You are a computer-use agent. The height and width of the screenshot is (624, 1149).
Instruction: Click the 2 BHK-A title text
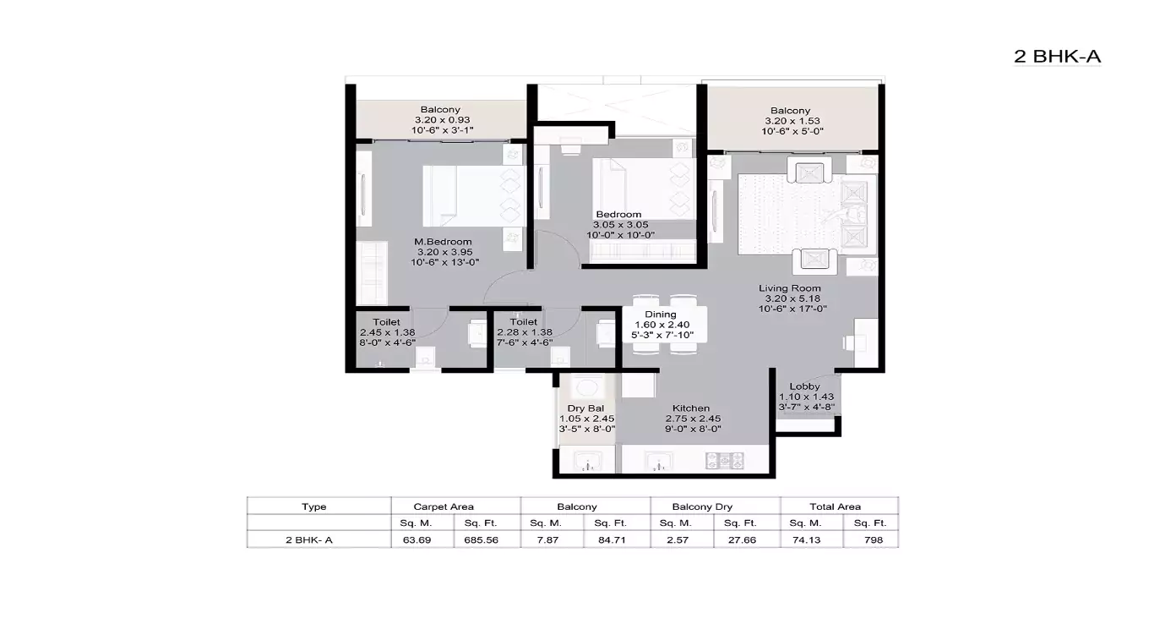pyautogui.click(x=1057, y=57)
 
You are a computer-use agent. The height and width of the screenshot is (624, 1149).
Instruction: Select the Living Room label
pyautogui.click(x=792, y=288)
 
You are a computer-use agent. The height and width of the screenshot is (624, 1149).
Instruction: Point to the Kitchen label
pyautogui.click(x=690, y=408)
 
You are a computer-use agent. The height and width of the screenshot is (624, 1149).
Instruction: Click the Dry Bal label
pyautogui.click(x=585, y=408)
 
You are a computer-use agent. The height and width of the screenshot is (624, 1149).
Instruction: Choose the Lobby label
pyautogui.click(x=804, y=386)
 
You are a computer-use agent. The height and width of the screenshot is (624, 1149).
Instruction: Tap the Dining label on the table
pyautogui.click(x=661, y=315)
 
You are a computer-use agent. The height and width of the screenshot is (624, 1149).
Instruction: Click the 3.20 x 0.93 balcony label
pyautogui.click(x=440, y=120)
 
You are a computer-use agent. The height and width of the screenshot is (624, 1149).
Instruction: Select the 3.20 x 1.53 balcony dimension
pyautogui.click(x=790, y=121)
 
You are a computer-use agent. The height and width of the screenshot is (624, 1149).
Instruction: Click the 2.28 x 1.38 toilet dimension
pyautogui.click(x=524, y=332)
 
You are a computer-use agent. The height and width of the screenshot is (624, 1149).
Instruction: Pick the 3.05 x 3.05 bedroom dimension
pyautogui.click(x=618, y=225)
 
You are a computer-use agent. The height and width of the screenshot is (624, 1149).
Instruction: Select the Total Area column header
pyautogui.click(x=835, y=506)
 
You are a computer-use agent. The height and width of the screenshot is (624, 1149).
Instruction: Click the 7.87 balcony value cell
pyautogui.click(x=553, y=539)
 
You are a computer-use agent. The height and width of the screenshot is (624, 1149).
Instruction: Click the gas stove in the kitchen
pyautogui.click(x=725, y=461)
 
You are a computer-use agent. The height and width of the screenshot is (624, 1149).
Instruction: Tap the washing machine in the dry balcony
pyautogui.click(x=584, y=388)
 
